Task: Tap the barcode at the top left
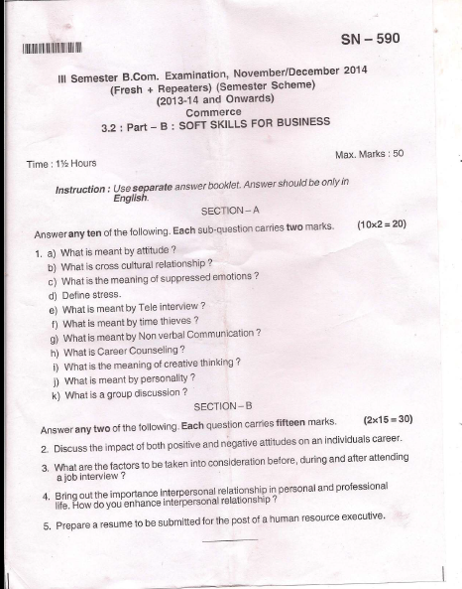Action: point(47,48)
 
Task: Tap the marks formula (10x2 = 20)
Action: point(381,224)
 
